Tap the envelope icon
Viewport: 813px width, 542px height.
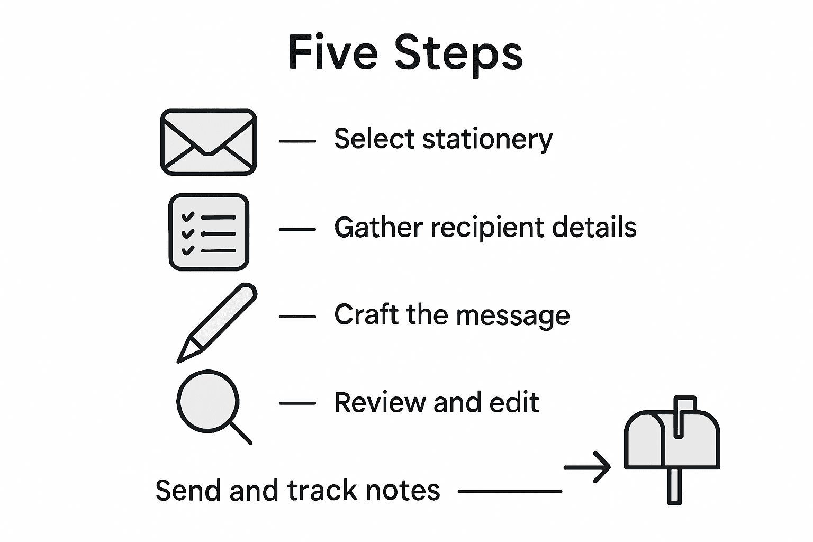(209, 142)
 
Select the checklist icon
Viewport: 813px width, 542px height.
(209, 232)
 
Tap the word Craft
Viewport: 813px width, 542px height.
(365, 314)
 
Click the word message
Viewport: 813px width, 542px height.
(512, 316)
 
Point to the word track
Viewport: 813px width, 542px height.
(322, 490)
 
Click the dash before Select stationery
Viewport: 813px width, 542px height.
(297, 141)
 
